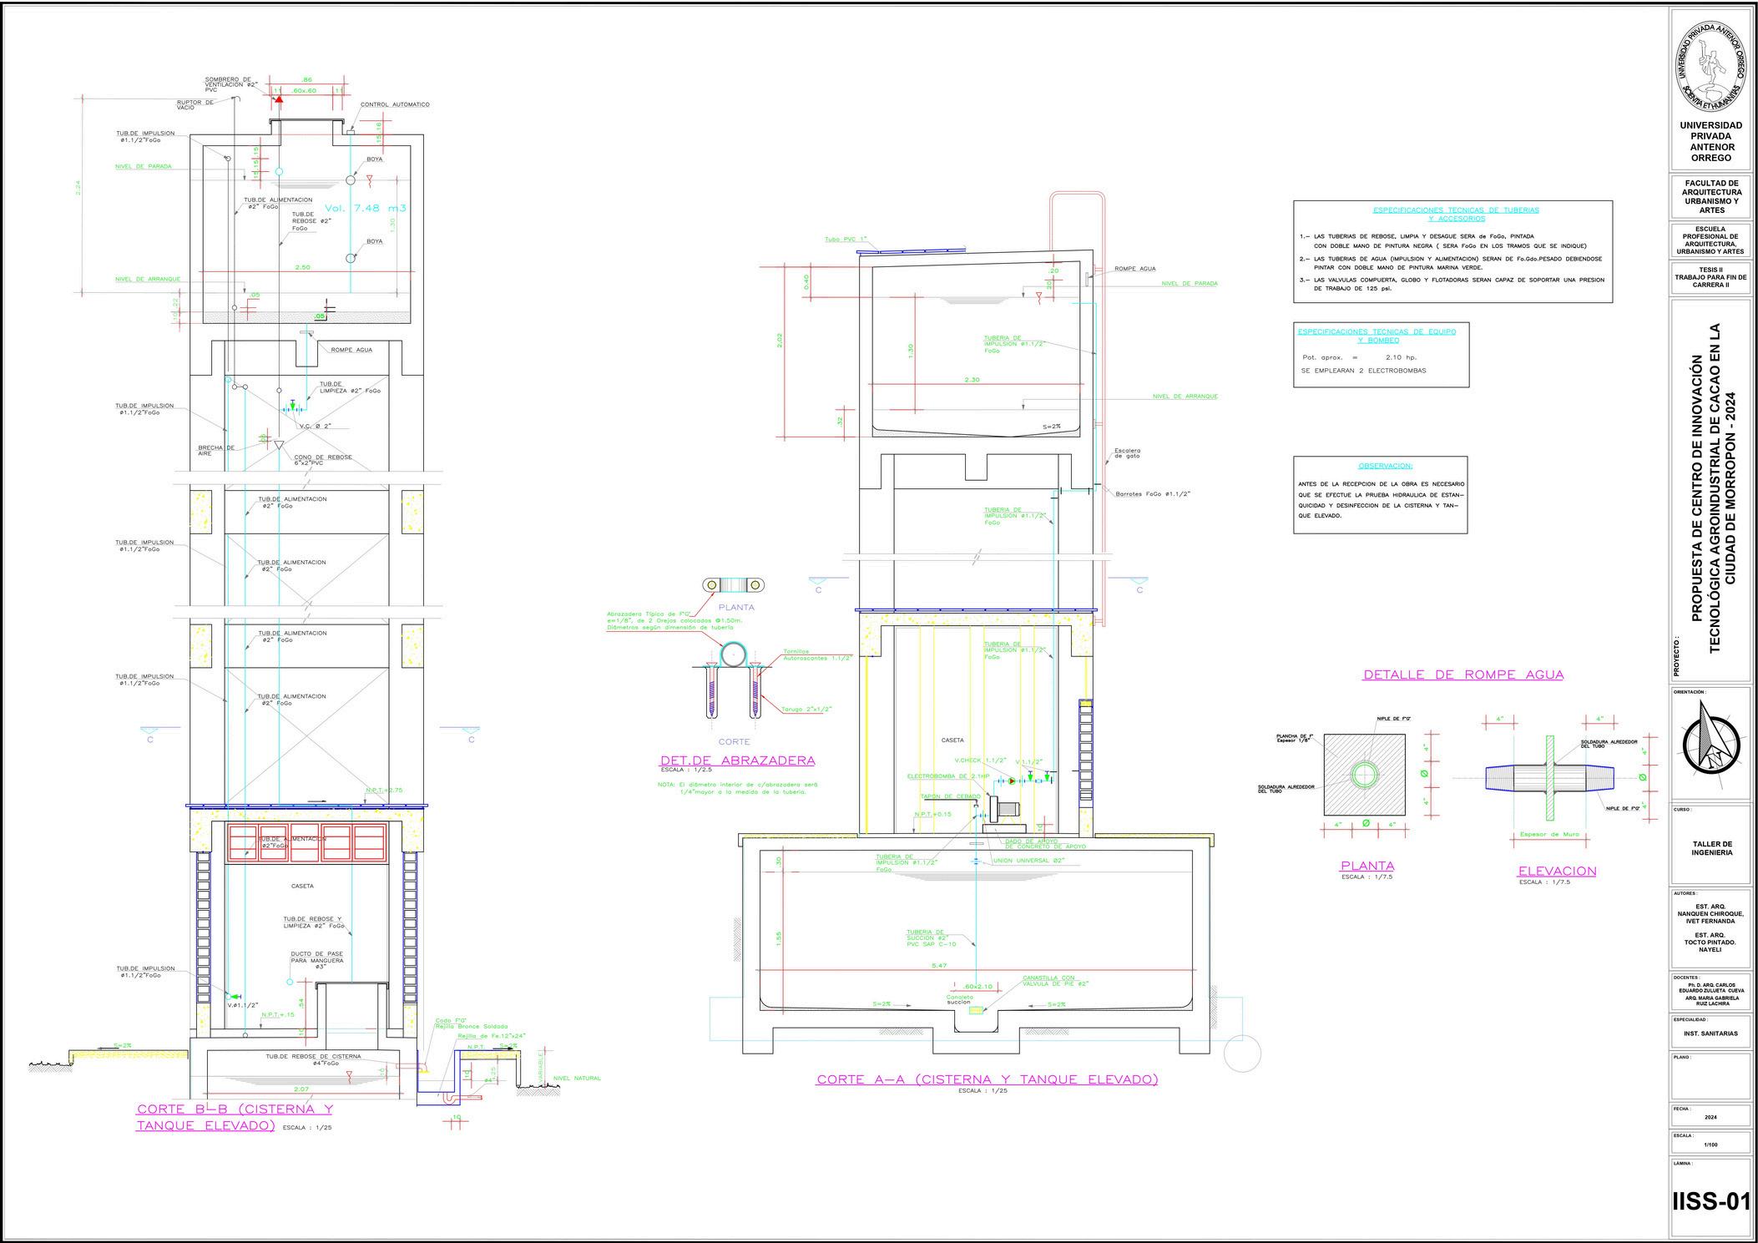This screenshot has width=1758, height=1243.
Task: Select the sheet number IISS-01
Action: click(1710, 1202)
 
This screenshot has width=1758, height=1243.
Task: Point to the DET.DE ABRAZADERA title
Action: click(737, 760)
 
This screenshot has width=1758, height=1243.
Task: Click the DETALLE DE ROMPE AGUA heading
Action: click(1462, 675)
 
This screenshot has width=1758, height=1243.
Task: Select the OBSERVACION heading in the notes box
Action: click(1385, 466)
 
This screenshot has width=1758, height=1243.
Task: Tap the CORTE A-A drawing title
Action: click(987, 1079)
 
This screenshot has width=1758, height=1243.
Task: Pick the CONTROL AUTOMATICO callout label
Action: click(395, 105)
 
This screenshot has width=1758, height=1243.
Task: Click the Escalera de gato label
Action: click(1127, 453)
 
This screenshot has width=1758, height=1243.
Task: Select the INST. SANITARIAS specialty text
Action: click(1710, 1033)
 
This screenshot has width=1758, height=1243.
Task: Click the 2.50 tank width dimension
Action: click(302, 268)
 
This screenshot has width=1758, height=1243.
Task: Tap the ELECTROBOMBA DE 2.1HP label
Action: click(947, 776)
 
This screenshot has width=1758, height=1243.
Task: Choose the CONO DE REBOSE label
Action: click(322, 458)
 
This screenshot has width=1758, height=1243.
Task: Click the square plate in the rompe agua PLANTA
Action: click(1364, 775)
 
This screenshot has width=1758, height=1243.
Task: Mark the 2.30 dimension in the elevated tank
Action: click(971, 380)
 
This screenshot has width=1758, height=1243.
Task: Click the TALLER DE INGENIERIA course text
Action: click(1710, 848)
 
